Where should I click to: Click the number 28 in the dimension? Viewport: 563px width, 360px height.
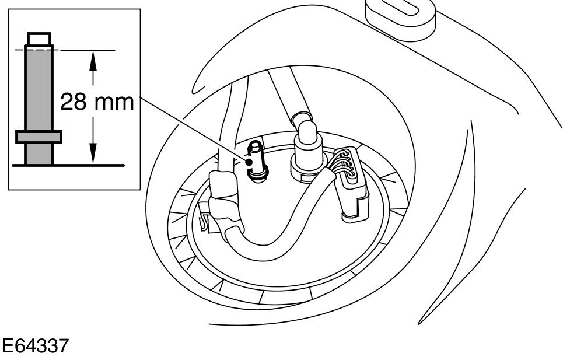75,103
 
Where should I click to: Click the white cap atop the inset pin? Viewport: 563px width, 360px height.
39,40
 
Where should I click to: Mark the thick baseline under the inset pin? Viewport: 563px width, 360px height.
68,165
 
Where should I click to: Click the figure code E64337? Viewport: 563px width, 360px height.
34,345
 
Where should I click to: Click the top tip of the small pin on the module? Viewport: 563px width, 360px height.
255,144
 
